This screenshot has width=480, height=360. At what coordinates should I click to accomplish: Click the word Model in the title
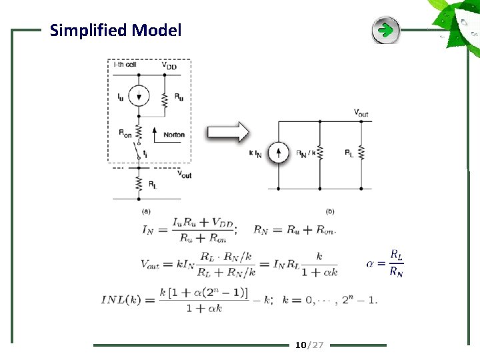pyautogui.click(x=157, y=30)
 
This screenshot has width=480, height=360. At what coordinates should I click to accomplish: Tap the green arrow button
pyautogui.click(x=385, y=30)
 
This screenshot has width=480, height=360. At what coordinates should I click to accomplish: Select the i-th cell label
pyautogui.click(x=124, y=65)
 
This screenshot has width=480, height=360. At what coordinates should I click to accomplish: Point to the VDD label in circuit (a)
pyautogui.click(x=170, y=65)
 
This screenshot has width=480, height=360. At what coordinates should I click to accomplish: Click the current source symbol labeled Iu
pyautogui.click(x=139, y=96)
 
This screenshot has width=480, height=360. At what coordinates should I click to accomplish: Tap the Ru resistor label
pyautogui.click(x=179, y=97)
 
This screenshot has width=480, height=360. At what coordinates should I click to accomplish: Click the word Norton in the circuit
pyautogui.click(x=173, y=135)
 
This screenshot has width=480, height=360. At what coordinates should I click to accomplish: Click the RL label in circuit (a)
pyautogui.click(x=153, y=183)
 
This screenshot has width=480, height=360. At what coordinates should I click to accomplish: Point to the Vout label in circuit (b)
pyautogui.click(x=361, y=113)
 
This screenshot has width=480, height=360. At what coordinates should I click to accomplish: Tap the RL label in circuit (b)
pyautogui.click(x=349, y=153)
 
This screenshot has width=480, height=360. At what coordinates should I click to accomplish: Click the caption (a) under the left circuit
pyautogui.click(x=147, y=211)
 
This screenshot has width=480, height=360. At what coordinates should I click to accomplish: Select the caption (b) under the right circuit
pyautogui.click(x=330, y=211)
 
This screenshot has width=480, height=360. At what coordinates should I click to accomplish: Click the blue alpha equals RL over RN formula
pyautogui.click(x=387, y=263)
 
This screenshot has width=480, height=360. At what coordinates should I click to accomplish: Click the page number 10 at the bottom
pyautogui.click(x=300, y=345)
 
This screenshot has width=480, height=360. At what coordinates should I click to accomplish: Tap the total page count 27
pyautogui.click(x=317, y=345)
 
